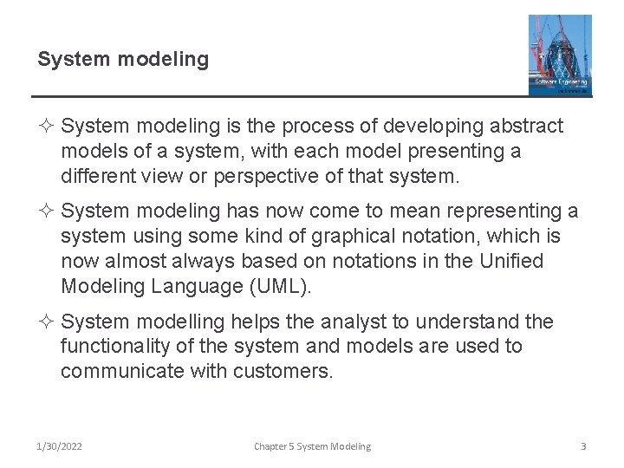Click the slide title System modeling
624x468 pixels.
pos(123,60)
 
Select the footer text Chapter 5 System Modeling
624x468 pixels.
pos(312,446)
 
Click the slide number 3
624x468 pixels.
pos(583,446)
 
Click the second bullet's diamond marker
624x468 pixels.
pos(48,211)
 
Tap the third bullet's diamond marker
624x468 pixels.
pos(48,322)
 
